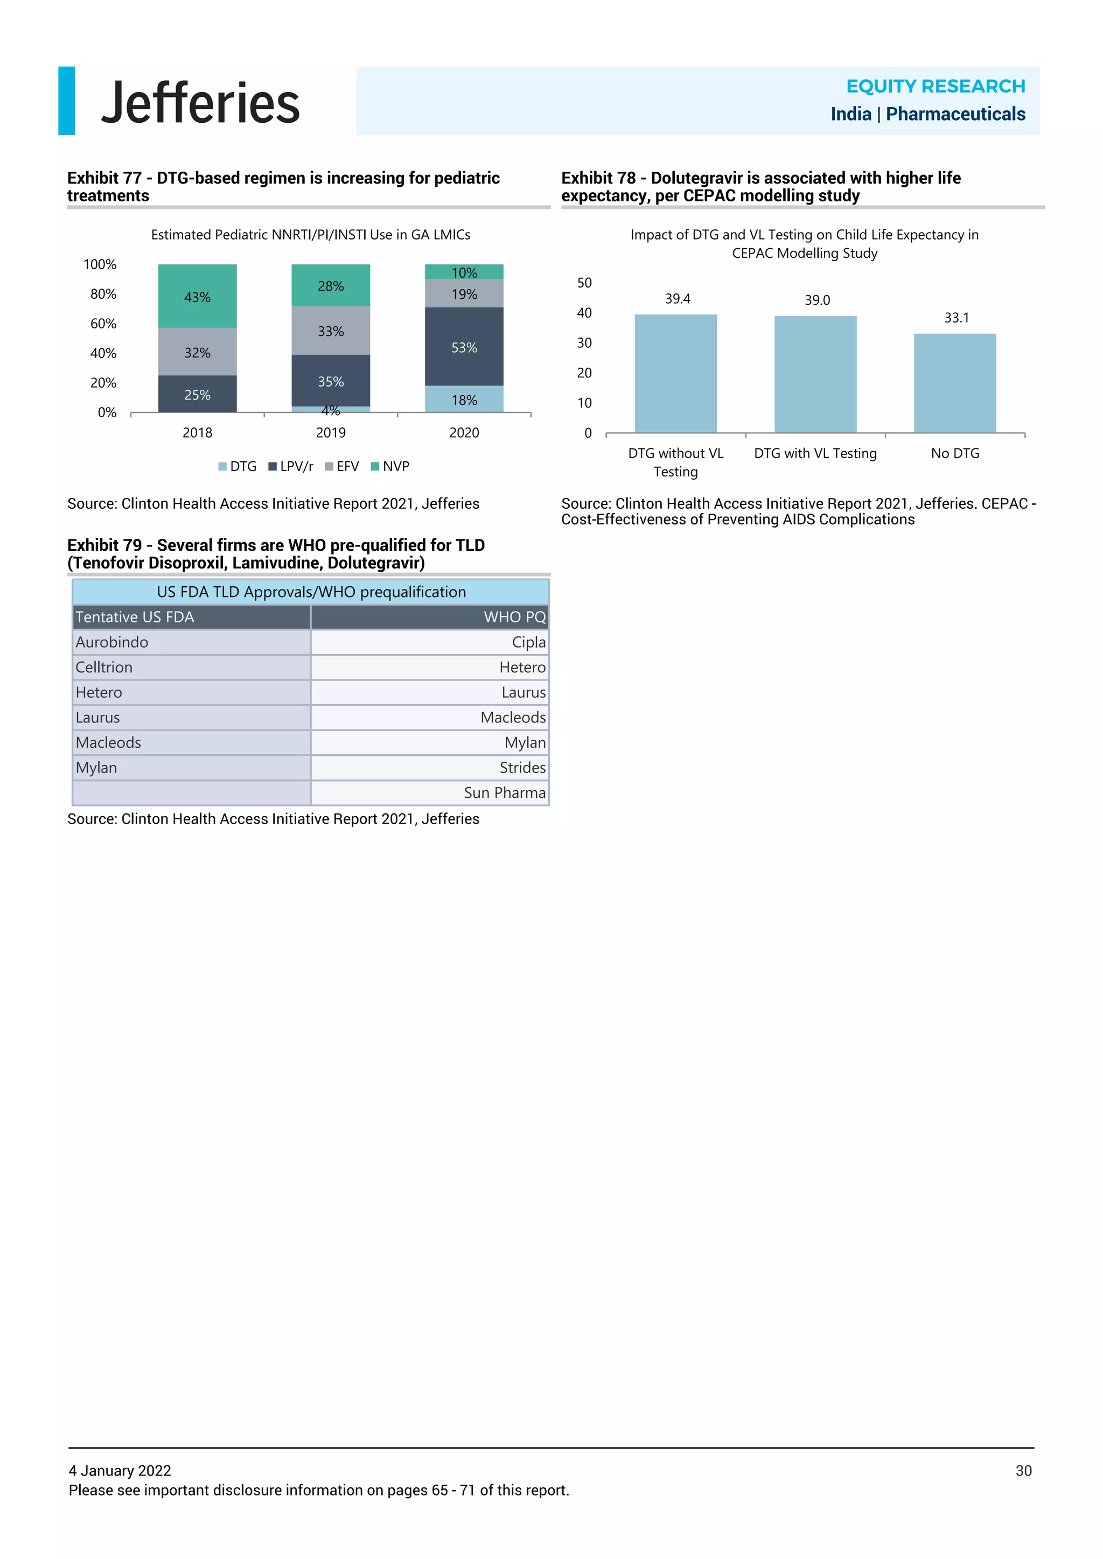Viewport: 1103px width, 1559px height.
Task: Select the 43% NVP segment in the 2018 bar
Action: (197, 296)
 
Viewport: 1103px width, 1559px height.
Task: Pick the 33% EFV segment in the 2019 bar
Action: (331, 330)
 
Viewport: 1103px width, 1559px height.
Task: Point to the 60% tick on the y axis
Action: (103, 324)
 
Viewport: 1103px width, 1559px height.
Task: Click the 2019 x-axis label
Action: (331, 432)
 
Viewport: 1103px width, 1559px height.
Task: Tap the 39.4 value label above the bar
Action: (677, 299)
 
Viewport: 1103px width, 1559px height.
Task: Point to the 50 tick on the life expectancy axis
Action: (584, 283)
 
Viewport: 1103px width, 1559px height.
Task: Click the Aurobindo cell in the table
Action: (112, 642)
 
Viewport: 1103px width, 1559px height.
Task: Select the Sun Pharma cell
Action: (504, 793)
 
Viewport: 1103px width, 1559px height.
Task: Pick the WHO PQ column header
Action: (514, 617)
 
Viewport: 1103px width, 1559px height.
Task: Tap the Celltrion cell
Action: (104, 668)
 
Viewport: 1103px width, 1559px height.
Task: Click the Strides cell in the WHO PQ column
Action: (522, 768)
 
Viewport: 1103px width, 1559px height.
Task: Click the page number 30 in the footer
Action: (1023, 1471)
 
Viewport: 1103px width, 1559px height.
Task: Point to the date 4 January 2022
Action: (120, 1471)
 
